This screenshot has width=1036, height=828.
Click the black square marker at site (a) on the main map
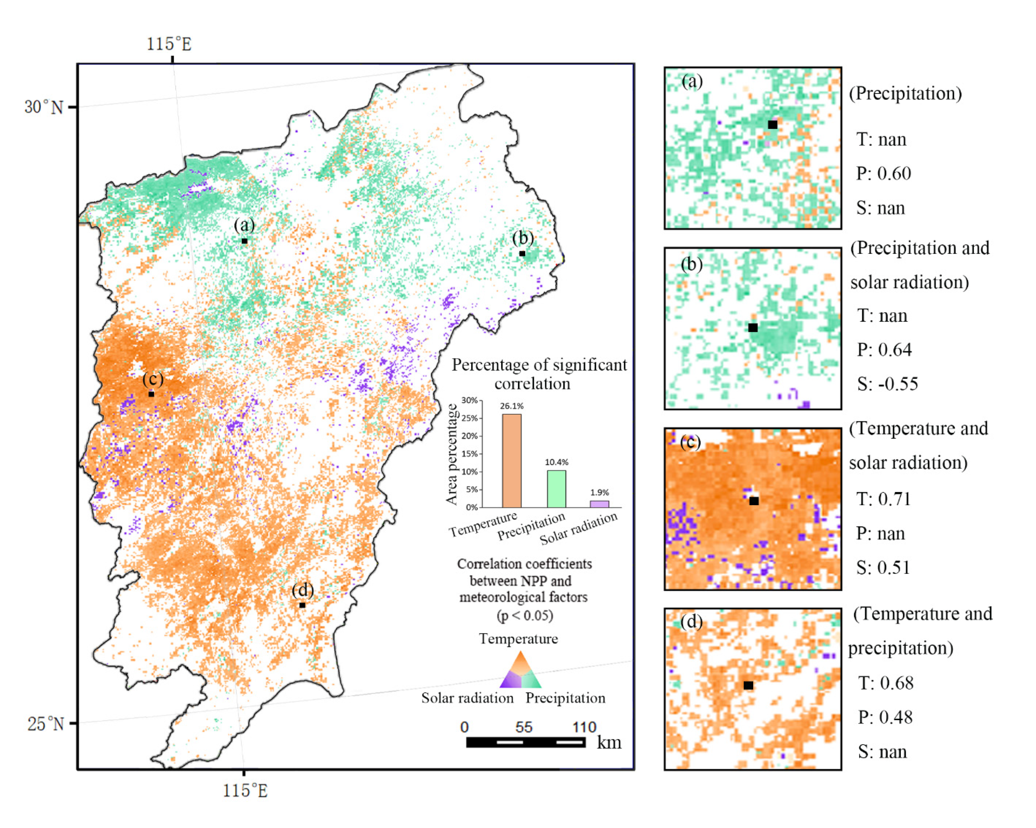click(x=245, y=241)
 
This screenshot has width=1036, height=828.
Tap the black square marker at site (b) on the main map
click(x=522, y=254)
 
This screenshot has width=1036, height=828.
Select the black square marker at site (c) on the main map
click(x=151, y=394)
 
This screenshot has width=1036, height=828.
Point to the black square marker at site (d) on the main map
click(x=302, y=605)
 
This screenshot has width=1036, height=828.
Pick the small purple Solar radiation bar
click(x=600, y=504)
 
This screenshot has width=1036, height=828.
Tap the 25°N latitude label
click(x=45, y=723)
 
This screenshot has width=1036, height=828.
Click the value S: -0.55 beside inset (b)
click(x=888, y=384)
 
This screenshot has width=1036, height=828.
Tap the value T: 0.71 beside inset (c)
click(x=883, y=499)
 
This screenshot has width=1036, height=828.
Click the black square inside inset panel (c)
click(x=754, y=501)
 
